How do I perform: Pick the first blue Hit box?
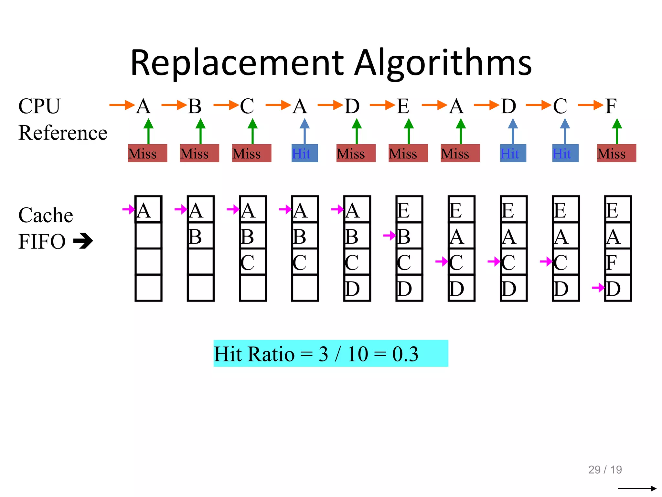[304, 153]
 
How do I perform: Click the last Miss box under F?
[616, 153]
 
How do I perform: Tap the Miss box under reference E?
[408, 153]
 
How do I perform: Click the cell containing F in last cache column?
[618, 262]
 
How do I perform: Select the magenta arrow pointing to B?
[390, 236]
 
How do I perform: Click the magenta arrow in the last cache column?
[598, 287]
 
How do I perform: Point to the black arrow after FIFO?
[83, 241]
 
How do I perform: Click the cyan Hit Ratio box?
[330, 353]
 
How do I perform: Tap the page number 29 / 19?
[605, 469]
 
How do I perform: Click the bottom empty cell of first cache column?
[148, 288]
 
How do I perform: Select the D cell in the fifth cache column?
[357, 288]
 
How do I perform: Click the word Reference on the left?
[63, 133]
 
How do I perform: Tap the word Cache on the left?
[46, 215]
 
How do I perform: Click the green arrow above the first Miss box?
[148, 131]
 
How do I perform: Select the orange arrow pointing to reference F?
[590, 105]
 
